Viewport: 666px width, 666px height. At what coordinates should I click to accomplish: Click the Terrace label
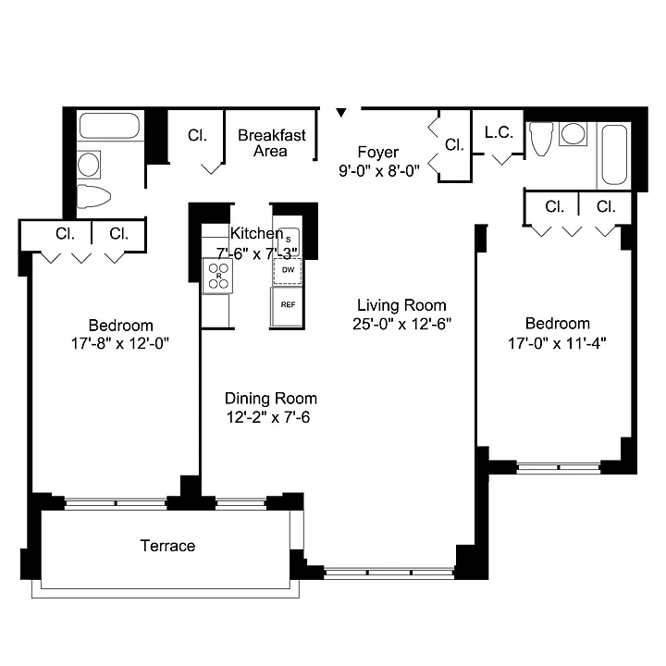(167, 546)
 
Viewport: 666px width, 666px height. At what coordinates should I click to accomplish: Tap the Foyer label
(378, 152)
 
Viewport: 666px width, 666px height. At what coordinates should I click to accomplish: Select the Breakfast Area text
(271, 143)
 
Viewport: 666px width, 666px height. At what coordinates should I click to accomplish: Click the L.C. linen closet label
(499, 132)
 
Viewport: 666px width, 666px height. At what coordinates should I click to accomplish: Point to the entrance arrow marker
(341, 113)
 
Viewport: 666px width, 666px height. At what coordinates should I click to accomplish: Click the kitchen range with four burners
(218, 276)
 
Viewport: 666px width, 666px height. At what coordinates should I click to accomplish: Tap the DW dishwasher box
(288, 270)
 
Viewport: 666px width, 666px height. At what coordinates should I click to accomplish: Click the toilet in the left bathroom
(93, 197)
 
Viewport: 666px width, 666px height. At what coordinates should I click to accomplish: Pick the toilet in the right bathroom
(541, 139)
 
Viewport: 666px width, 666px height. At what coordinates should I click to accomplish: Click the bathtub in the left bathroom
(109, 125)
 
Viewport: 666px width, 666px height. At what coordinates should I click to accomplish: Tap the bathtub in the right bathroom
(614, 154)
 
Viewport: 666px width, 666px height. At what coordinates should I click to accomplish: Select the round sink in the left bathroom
(89, 165)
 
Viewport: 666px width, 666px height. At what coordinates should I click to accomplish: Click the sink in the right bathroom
(573, 134)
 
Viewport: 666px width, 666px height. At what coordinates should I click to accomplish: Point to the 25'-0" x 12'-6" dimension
(401, 324)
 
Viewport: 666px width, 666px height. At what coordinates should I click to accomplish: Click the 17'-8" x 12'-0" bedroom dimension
(120, 343)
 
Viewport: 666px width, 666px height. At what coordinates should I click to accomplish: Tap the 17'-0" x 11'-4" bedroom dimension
(557, 343)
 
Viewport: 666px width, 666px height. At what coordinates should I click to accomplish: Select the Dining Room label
(271, 399)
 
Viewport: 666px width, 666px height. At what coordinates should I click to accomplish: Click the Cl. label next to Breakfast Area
(198, 135)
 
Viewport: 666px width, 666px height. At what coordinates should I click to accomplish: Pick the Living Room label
(401, 305)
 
